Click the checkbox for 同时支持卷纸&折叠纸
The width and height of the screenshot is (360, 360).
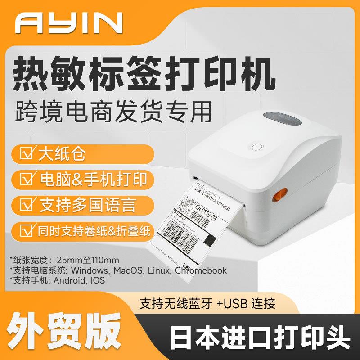pyautogui.click(x=31, y=231)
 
